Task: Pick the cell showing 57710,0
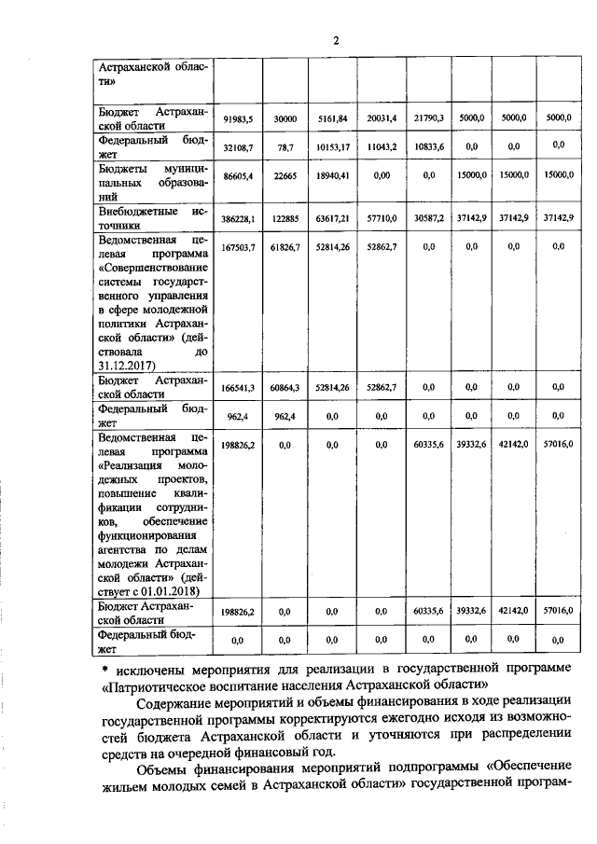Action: point(381,217)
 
